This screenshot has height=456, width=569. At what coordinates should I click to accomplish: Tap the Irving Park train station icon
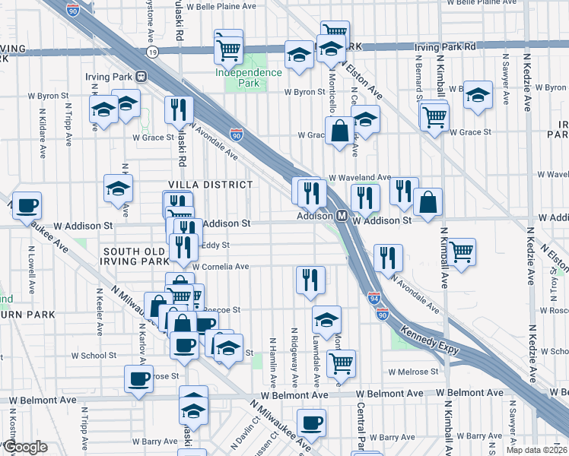point(141,76)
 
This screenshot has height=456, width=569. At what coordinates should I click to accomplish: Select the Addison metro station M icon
point(342,217)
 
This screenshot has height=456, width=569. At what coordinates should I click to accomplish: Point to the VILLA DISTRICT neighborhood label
point(210,185)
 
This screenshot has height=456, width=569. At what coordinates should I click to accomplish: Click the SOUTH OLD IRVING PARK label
point(135,257)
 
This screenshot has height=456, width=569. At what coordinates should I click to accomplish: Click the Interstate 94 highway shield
point(374,298)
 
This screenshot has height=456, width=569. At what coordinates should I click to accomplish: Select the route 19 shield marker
point(153,52)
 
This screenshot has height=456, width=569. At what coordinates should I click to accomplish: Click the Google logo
point(24,448)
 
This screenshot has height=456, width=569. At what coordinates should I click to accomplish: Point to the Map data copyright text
point(536,450)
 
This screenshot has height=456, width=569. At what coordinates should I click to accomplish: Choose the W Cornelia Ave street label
point(221,267)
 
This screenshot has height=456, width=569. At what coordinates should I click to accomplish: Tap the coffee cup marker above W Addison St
point(27,204)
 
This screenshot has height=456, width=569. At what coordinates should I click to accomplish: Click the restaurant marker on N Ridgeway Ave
point(310,279)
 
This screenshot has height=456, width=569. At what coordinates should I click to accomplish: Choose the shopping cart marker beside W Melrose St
point(342,363)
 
